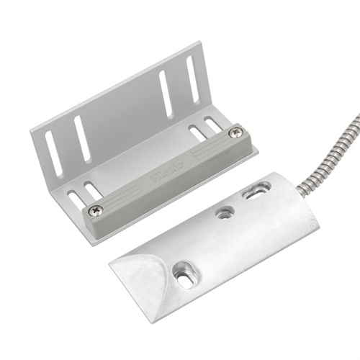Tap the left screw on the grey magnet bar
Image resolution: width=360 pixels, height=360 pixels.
pos(96,210)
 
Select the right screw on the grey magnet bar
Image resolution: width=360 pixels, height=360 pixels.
pos(234,132)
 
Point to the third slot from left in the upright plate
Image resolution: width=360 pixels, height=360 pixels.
pos(166,93)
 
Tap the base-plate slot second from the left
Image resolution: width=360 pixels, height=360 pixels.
pos(91,190)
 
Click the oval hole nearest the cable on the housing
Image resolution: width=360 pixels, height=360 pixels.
pos(256,192)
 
